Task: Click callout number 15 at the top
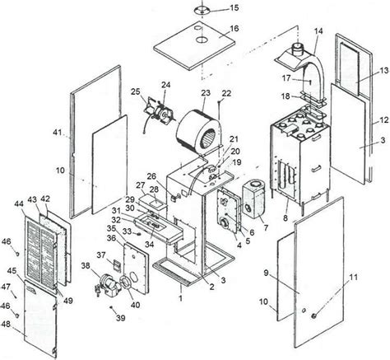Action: pyautogui.click(x=234, y=7)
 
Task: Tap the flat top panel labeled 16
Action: pyautogui.click(x=195, y=44)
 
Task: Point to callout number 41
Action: pyautogui.click(x=58, y=133)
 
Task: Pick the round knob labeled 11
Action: pyautogui.click(x=313, y=316)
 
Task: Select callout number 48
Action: pyautogui.click(x=6, y=325)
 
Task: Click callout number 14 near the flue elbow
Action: pyautogui.click(x=318, y=31)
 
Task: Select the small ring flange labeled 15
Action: pyautogui.click(x=202, y=11)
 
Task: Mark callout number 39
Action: pyautogui.click(x=120, y=318)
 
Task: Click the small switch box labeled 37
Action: pyautogui.click(x=117, y=264)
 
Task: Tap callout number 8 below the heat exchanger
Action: pyautogui.click(x=286, y=218)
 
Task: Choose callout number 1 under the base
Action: pyautogui.click(x=180, y=297)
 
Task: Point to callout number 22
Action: pyautogui.click(x=226, y=93)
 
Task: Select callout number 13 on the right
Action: pyautogui.click(x=384, y=70)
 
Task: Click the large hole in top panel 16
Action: pyautogui.click(x=202, y=40)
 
